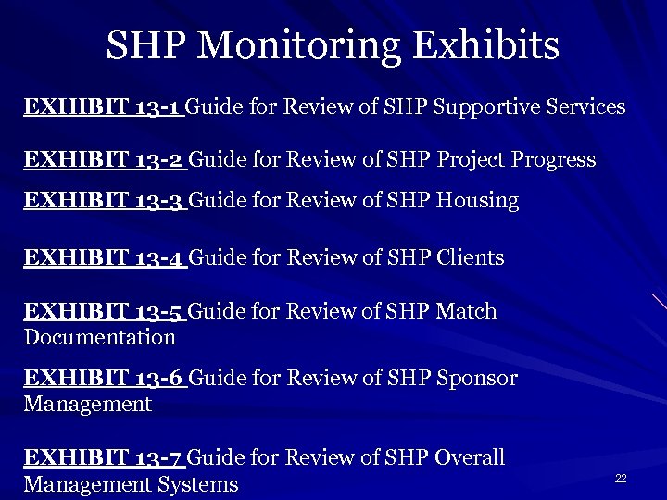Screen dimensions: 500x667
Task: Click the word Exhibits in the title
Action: coord(496,44)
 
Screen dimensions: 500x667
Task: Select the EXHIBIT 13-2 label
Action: coord(105,159)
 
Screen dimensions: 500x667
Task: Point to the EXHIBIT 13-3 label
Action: coord(105,200)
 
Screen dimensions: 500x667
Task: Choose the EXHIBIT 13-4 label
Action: coord(105,257)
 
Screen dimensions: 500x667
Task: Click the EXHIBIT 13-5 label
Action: coord(105,312)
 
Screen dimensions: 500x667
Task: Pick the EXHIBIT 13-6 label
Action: coord(105,378)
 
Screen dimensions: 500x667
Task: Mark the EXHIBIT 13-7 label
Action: coord(105,457)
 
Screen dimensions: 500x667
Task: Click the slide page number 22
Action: coord(621,478)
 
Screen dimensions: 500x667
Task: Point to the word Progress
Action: coord(552,159)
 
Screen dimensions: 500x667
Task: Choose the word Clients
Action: coord(468,257)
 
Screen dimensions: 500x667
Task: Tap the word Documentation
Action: coord(99,337)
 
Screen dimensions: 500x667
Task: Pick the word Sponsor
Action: coord(474,378)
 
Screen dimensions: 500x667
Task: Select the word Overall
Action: coord(470,457)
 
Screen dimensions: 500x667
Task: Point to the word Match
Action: coord(465,312)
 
